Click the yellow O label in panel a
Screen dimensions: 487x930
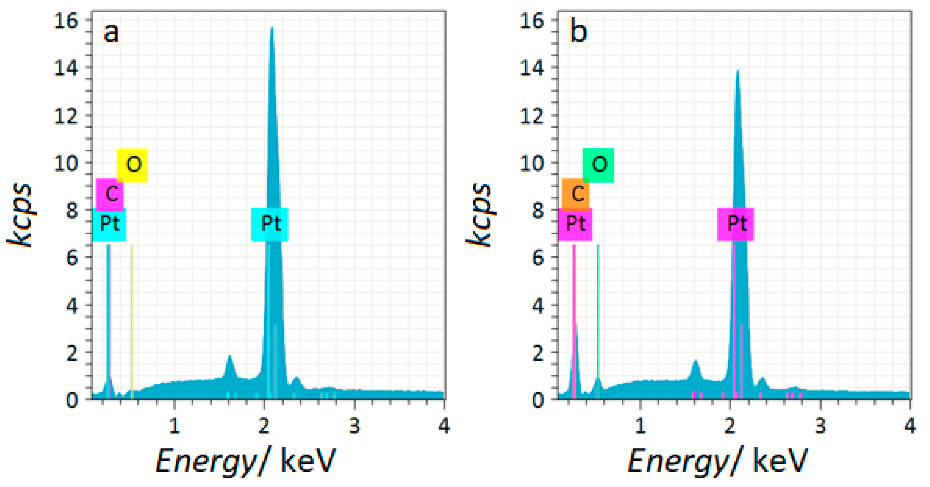(132, 165)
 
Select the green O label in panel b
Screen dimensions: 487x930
(598, 165)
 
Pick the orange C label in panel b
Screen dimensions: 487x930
(576, 194)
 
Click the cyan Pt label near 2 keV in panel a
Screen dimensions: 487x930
(269, 224)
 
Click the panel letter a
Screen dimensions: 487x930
(111, 32)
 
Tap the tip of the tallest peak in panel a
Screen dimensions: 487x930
(271, 28)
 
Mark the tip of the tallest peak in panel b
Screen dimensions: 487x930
(737, 71)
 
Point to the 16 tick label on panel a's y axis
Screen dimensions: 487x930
(66, 21)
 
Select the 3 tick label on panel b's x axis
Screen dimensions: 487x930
(820, 426)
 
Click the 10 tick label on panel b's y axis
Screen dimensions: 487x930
(531, 163)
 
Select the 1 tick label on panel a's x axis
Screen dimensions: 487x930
(174, 426)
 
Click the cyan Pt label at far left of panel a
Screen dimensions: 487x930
(109, 224)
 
